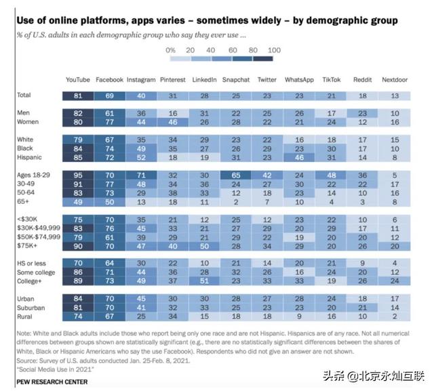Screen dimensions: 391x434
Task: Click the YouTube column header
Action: pyautogui.click(x=77, y=80)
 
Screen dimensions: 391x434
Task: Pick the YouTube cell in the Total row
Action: pyautogui.click(x=77, y=96)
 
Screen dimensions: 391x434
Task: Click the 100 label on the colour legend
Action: pyautogui.click(x=274, y=50)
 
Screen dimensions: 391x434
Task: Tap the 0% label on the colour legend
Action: pyautogui.click(x=170, y=50)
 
